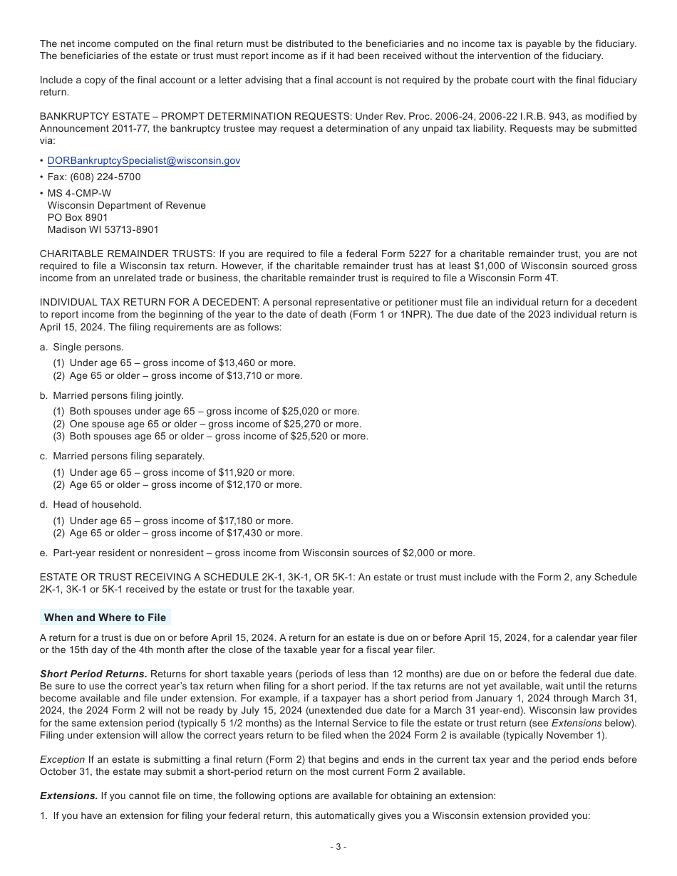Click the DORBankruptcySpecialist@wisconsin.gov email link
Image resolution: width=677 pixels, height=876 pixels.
tap(143, 161)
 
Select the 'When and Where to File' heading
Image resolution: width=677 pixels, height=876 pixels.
tap(105, 617)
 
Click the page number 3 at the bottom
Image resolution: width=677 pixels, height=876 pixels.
tap(338, 847)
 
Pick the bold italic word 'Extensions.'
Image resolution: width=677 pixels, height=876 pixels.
tap(68, 796)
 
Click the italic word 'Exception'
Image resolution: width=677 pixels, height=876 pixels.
tap(62, 760)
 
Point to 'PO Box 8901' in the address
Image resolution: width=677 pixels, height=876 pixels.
tap(78, 217)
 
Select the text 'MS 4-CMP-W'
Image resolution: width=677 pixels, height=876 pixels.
tap(79, 193)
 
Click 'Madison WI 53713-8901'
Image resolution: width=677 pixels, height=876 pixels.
tap(103, 229)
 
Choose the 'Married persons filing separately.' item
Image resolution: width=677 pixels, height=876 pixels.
tap(128, 457)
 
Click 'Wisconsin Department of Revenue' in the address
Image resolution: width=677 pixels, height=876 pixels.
tap(126, 205)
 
